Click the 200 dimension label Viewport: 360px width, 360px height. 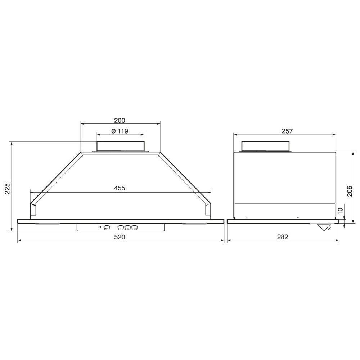pos(120,120)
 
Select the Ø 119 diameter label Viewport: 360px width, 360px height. pos(120,131)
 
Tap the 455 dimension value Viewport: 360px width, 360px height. pos(120,188)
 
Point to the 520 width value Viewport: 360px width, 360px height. pos(120,237)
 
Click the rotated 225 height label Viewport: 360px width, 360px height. pos(8,189)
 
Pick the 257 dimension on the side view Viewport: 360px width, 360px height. pos(287,131)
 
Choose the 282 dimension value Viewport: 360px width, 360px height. pos(282,237)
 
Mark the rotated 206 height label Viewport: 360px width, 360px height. pos(349,191)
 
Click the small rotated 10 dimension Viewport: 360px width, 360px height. pos(341,211)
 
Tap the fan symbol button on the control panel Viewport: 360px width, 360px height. pos(107,228)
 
